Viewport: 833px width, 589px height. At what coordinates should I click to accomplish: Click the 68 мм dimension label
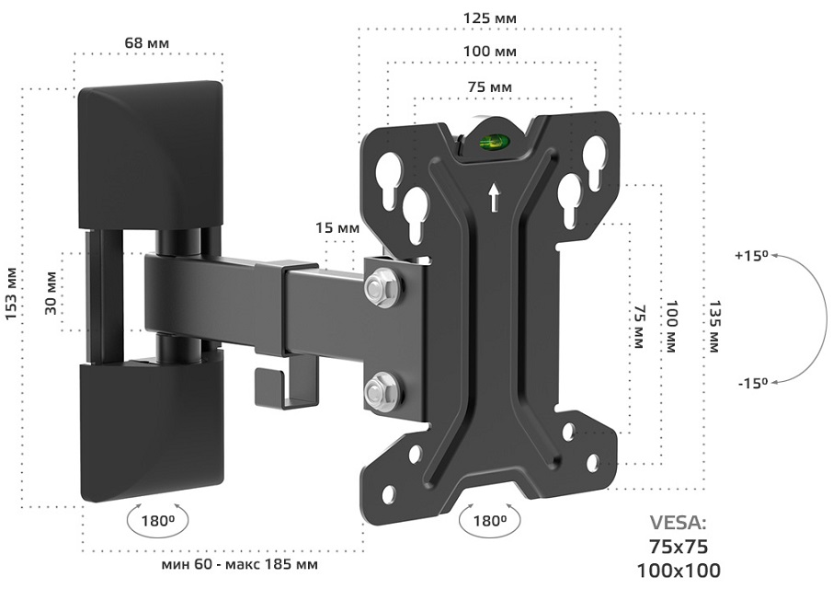pyautogui.click(x=147, y=42)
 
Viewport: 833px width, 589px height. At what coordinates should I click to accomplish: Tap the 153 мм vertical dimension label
pyautogui.click(x=13, y=294)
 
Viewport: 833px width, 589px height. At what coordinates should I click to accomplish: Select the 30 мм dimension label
pyautogui.click(x=51, y=293)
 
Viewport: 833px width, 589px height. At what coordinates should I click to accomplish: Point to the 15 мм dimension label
pyautogui.click(x=337, y=228)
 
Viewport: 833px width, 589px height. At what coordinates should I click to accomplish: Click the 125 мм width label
pyautogui.click(x=490, y=18)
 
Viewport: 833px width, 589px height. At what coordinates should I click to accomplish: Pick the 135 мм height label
pyautogui.click(x=713, y=327)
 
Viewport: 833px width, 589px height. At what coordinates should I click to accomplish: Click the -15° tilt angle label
pyautogui.click(x=753, y=383)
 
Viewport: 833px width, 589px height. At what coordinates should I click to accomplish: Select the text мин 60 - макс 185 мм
pyautogui.click(x=240, y=564)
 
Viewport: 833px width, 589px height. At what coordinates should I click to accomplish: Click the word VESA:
pyautogui.click(x=679, y=523)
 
